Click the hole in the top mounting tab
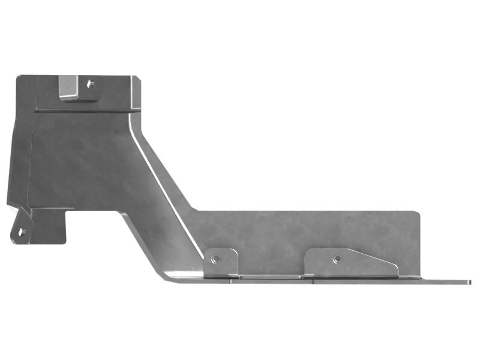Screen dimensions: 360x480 point(91,84)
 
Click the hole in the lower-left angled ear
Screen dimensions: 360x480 point(22,231)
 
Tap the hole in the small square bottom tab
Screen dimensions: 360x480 point(215,259)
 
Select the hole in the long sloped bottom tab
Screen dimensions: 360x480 point(337,259)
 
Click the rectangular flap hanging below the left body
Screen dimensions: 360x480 point(51,226)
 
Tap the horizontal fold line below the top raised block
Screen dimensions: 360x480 point(84,110)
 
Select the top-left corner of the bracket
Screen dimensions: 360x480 point(20,77)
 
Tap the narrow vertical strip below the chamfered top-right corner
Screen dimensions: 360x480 point(137,99)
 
